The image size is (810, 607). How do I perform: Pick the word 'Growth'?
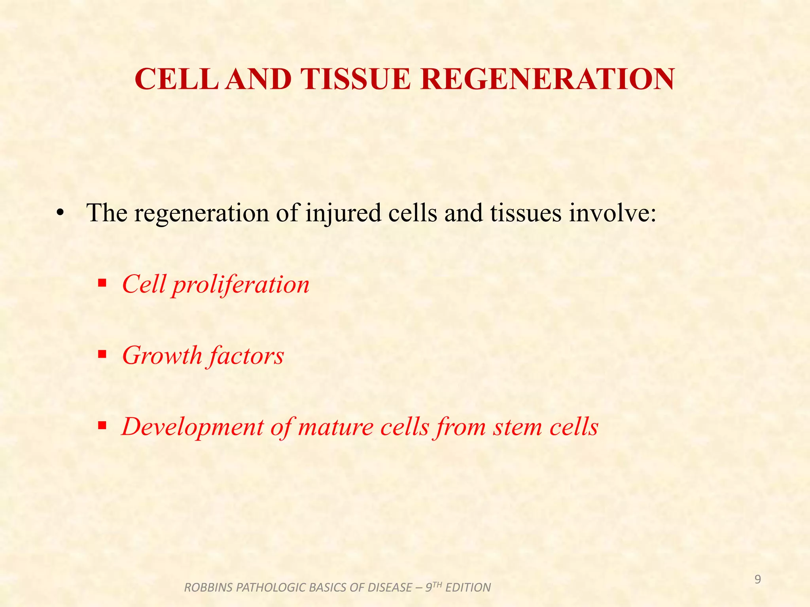click(162, 355)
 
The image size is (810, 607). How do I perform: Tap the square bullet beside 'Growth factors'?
click(102, 354)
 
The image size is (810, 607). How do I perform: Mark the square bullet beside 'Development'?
click(102, 426)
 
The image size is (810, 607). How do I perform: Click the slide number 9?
click(757, 580)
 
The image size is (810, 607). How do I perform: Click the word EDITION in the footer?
click(468, 588)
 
